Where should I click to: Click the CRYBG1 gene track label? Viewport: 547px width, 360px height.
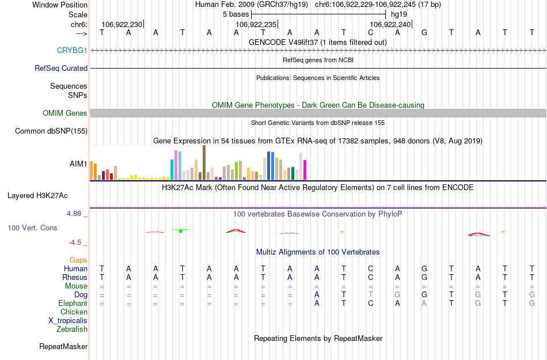72,51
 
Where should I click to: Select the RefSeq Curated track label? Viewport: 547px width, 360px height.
61,68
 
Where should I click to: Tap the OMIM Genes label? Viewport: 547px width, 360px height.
65,113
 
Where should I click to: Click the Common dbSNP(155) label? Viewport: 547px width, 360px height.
51,131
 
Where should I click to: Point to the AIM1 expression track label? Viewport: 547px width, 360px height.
78,164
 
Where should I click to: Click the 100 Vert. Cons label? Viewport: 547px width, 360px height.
32,228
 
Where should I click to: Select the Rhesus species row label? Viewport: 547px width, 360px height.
75,277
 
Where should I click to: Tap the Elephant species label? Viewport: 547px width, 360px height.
73,303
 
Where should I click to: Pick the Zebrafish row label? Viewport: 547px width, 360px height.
72,329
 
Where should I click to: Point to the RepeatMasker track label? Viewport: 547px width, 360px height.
63,347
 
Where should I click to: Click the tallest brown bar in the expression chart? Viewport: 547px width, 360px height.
204,162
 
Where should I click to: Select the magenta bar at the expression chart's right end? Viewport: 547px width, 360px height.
305,169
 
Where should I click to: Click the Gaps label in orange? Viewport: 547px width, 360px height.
78,260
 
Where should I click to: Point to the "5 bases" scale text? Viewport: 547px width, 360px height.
235,13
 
